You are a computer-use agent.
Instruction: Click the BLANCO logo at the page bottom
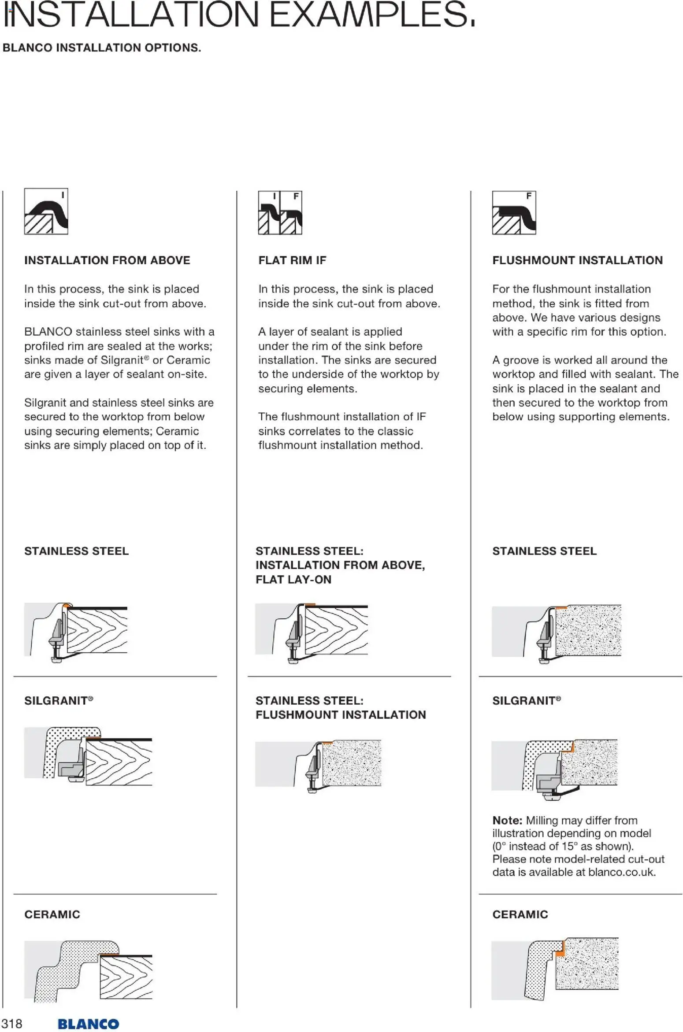click(x=88, y=1024)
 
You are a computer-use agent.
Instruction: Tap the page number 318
click(x=12, y=1024)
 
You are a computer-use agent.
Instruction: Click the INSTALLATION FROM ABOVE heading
click(x=107, y=260)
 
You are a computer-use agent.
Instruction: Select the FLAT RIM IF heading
click(x=292, y=260)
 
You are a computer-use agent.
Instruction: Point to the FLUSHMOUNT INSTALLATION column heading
click(x=577, y=260)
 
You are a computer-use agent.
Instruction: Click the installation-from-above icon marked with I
click(x=46, y=211)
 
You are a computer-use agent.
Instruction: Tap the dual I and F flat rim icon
click(x=280, y=212)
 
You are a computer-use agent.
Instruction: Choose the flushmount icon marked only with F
click(x=514, y=212)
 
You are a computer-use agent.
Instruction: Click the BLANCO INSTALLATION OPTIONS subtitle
click(x=102, y=48)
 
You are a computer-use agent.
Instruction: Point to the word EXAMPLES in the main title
click(x=371, y=15)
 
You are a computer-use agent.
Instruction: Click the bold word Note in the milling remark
click(x=507, y=820)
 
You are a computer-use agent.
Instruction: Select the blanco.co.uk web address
click(x=621, y=872)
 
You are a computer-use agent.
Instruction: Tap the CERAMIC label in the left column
click(x=52, y=914)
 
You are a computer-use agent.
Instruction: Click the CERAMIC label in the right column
click(x=520, y=914)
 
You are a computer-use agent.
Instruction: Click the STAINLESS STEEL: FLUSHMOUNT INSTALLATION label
click(x=341, y=708)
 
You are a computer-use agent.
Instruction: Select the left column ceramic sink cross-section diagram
click(x=88, y=971)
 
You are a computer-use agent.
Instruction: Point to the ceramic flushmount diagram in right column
click(x=555, y=969)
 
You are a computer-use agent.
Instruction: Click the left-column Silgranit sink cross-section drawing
click(x=88, y=755)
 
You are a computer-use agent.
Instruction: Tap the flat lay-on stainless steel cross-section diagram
click(x=311, y=633)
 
